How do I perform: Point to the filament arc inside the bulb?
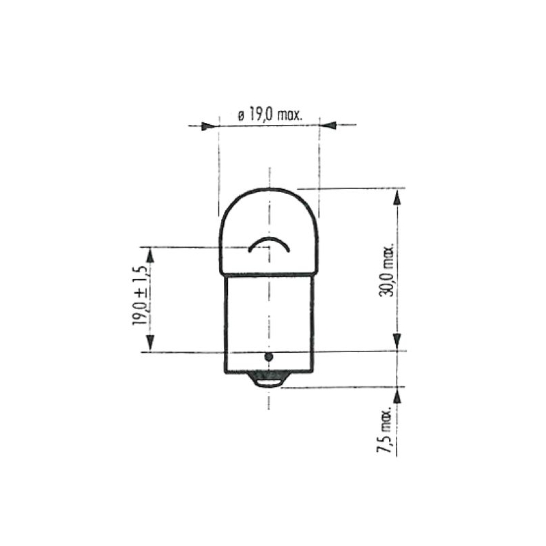(x=269, y=244)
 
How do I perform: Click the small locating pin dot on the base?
(x=268, y=357)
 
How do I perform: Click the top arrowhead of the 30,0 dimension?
(x=396, y=199)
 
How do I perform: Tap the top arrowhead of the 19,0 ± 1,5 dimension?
(x=148, y=256)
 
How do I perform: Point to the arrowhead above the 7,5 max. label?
(x=396, y=397)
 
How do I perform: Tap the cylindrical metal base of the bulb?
(x=269, y=314)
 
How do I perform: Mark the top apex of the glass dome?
(x=269, y=190)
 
